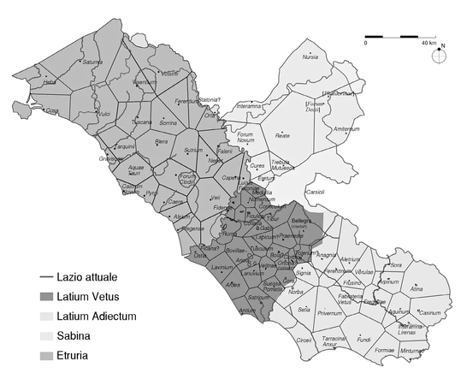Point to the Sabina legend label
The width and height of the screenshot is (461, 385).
(x=75, y=335)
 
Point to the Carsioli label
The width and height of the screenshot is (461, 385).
(x=315, y=192)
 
